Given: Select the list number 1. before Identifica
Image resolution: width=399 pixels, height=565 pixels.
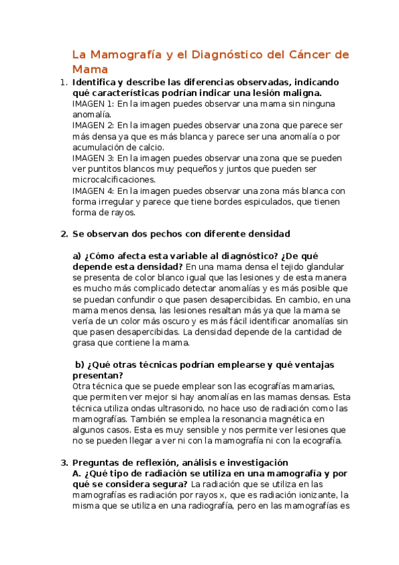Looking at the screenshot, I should [x=63, y=83].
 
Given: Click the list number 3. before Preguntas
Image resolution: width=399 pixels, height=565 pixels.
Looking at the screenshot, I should [x=63, y=462].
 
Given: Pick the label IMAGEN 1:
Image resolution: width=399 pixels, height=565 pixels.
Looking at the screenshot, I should [x=93, y=104].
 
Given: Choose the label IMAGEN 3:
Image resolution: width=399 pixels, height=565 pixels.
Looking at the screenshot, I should [x=93, y=159].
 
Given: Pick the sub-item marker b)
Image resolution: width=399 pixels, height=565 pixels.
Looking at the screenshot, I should [x=81, y=364].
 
